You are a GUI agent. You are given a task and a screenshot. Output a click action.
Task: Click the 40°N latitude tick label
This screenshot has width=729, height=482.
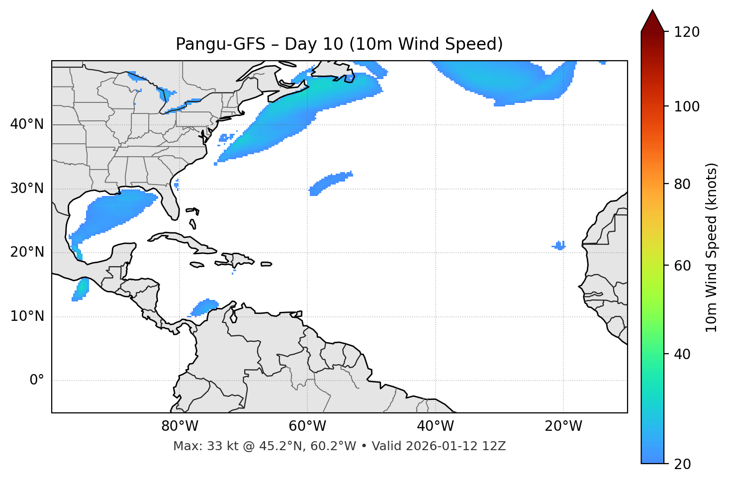27,124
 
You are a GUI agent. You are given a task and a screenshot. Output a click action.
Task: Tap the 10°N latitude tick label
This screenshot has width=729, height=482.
27,316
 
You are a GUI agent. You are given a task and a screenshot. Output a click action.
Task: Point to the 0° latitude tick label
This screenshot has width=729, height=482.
37,381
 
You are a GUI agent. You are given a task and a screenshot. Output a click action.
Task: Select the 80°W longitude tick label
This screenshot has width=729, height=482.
180,426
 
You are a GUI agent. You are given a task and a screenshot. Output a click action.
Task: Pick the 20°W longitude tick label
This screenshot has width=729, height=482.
563,426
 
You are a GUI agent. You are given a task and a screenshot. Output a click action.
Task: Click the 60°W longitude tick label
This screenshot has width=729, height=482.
307,426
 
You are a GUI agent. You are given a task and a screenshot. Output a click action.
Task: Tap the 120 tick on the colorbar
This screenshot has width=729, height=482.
687,32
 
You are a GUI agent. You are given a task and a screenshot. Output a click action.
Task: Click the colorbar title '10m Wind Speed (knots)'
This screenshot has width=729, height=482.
711,247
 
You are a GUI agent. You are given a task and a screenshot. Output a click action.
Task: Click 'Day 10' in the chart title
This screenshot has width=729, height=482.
313,44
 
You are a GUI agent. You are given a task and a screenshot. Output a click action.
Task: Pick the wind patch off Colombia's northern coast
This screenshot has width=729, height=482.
204,307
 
